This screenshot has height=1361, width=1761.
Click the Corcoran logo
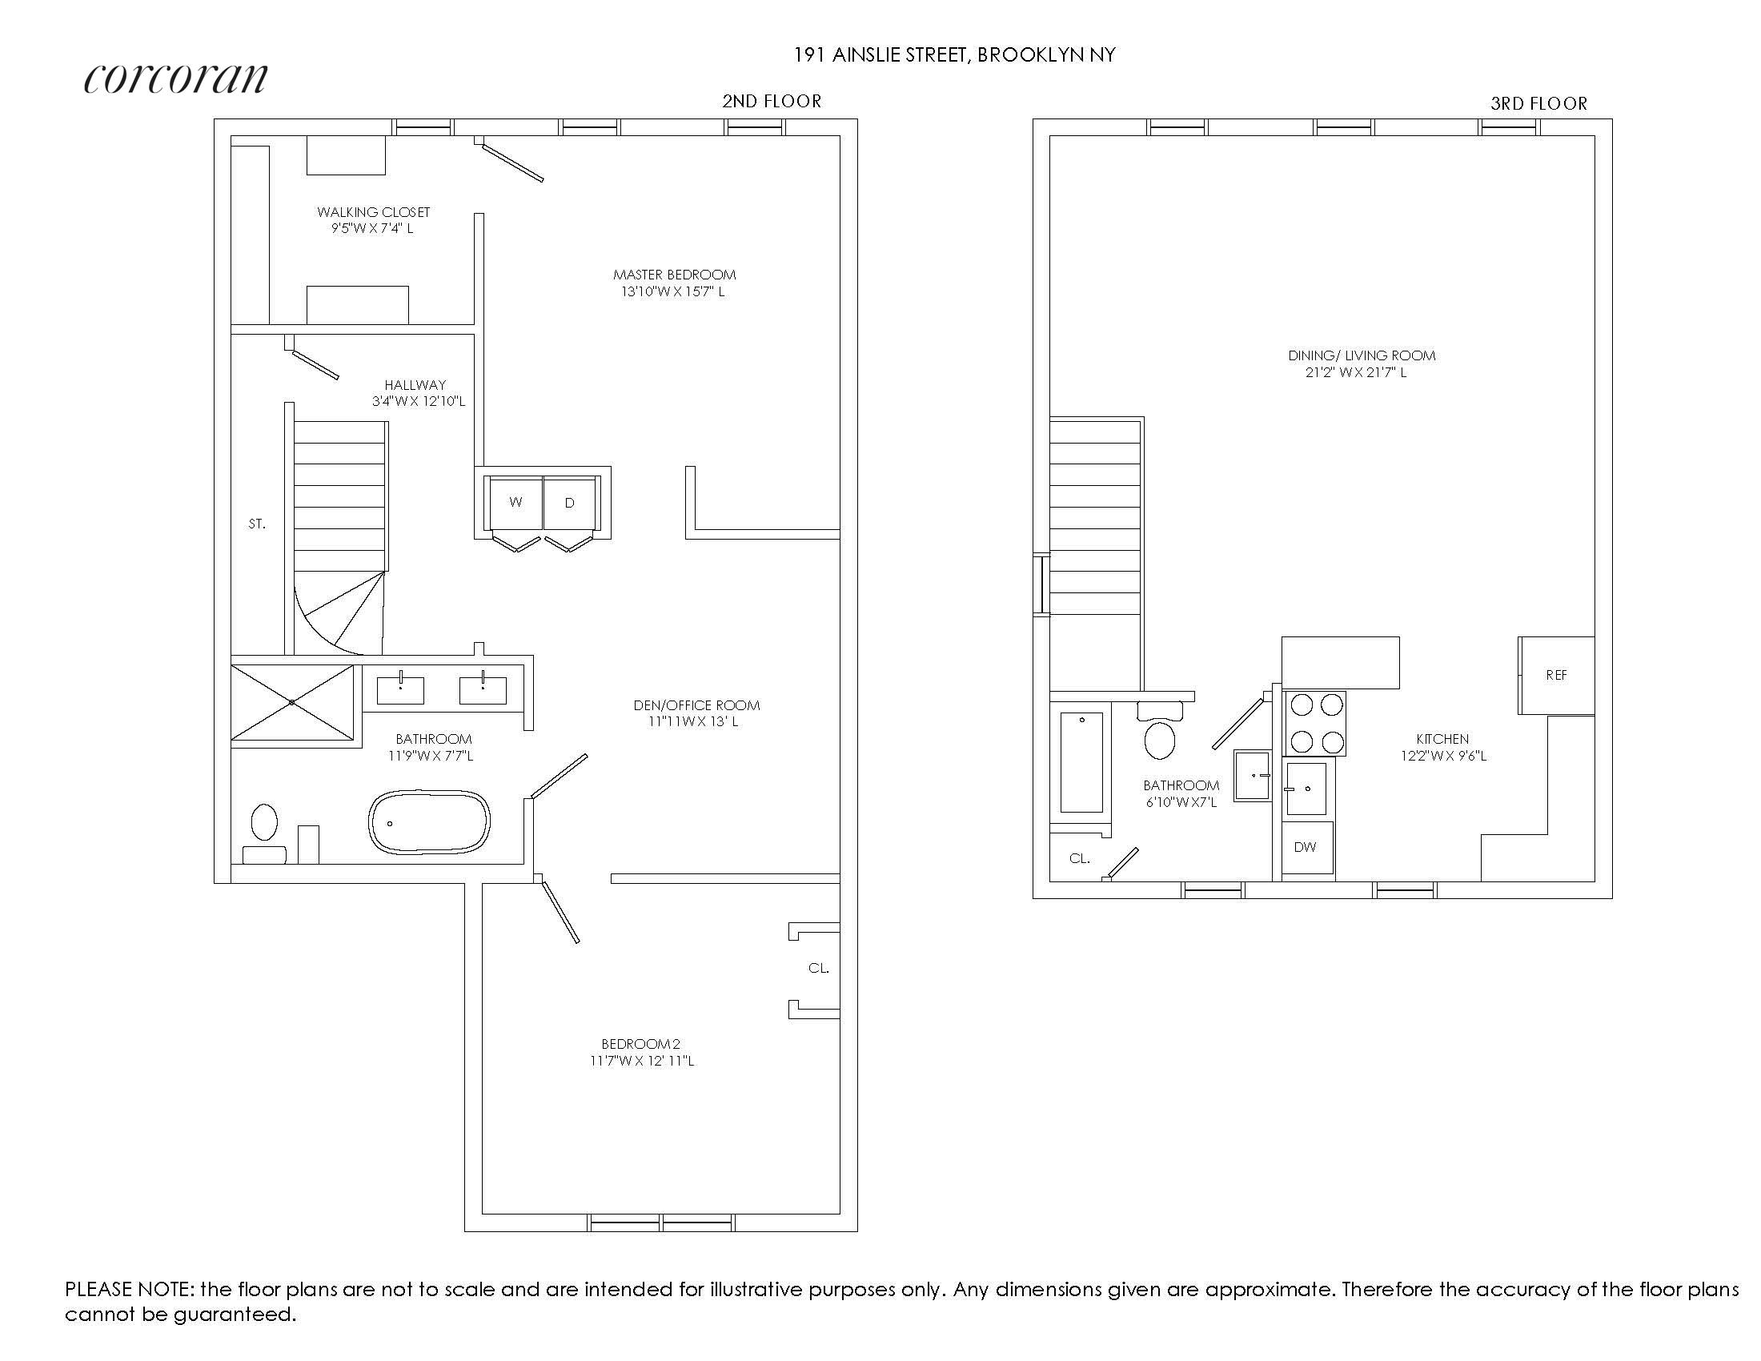tap(175, 78)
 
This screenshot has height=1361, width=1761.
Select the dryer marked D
tap(569, 503)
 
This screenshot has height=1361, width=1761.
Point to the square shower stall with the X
tap(292, 702)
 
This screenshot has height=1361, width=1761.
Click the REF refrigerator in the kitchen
tap(1556, 675)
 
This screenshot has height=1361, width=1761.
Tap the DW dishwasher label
tap(1305, 847)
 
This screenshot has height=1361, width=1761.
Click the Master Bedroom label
tap(674, 275)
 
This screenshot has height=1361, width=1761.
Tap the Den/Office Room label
tap(696, 705)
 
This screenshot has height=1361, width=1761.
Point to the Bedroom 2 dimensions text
tap(642, 1061)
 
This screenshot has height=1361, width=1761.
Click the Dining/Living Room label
tap(1361, 355)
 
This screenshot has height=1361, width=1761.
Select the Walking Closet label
tap(373, 212)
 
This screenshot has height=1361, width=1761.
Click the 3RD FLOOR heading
tap(1538, 103)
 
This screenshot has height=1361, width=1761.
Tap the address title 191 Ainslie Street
tap(955, 54)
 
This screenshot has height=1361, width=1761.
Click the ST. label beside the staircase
tap(256, 524)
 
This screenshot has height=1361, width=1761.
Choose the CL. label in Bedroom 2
tap(818, 969)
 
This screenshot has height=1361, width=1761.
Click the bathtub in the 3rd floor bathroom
tap(1081, 762)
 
